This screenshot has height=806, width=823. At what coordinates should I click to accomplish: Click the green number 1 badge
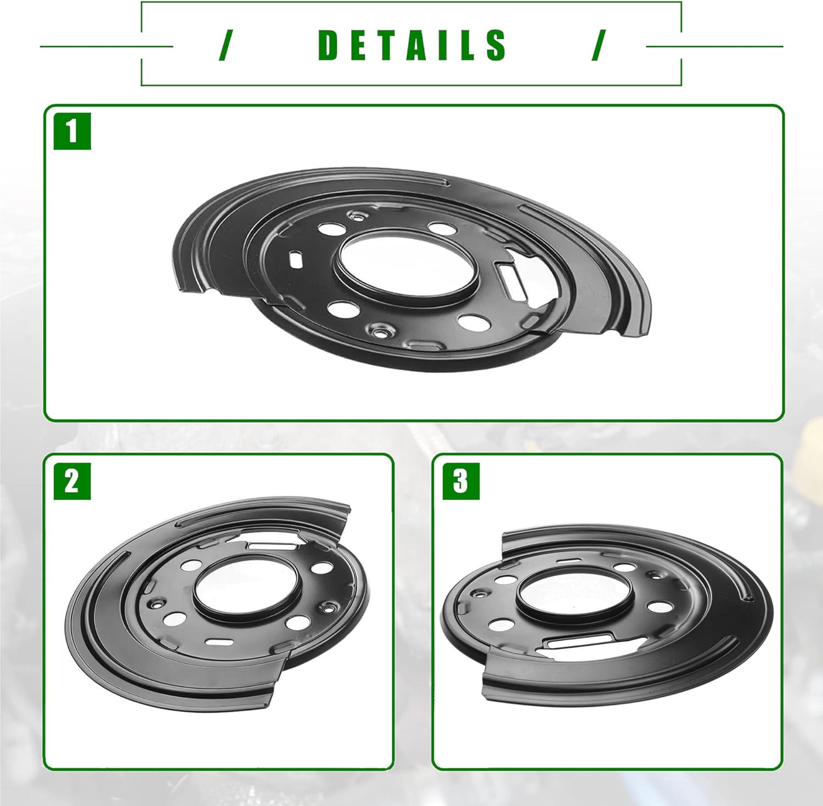(72, 132)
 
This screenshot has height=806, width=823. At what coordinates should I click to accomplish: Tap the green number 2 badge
(72, 481)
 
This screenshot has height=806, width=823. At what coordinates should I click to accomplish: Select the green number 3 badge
(461, 481)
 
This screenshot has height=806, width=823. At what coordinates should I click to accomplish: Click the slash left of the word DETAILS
(224, 45)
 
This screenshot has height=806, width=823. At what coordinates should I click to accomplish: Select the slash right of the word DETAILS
(599, 45)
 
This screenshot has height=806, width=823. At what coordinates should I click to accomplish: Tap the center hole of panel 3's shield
(573, 595)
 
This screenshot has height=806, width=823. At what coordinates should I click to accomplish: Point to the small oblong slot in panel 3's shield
(567, 561)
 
